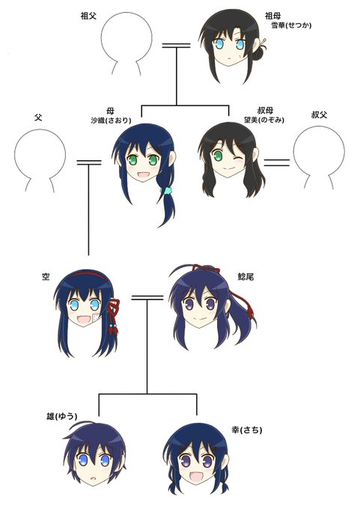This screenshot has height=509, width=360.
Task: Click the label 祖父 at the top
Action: click(x=88, y=16)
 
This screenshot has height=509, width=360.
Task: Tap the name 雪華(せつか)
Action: click(x=291, y=25)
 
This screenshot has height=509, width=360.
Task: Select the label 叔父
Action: click(x=319, y=115)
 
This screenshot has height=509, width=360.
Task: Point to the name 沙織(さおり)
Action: click(x=111, y=121)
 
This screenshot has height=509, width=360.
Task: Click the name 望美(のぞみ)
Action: click(x=264, y=120)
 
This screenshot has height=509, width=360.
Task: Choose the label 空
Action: click(x=46, y=277)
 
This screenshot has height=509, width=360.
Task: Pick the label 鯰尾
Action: click(x=245, y=277)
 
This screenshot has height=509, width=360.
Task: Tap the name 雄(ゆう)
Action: click(x=61, y=416)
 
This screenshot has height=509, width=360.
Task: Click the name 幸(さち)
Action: click(x=247, y=430)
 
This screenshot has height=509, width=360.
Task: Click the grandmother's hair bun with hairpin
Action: click(x=260, y=52)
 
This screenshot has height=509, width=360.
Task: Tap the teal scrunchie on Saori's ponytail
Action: click(x=168, y=190)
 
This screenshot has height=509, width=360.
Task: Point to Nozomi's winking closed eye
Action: click(x=239, y=159)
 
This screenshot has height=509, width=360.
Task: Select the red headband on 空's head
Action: click(x=86, y=274)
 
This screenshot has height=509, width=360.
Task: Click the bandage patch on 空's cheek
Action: click(x=96, y=317)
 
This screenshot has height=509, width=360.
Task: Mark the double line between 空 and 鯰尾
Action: click(x=147, y=298)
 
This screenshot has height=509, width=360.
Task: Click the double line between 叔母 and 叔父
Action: click(x=277, y=162)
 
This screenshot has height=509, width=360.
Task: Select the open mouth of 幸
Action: click(x=196, y=477)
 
